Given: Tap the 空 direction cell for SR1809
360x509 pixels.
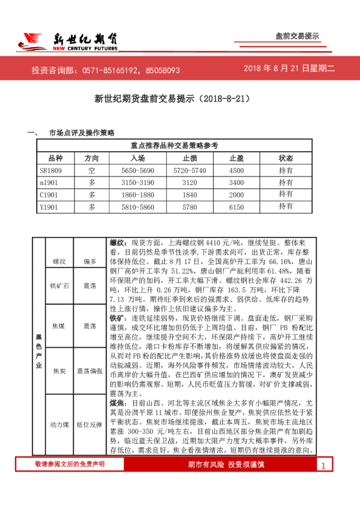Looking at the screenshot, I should (92, 170).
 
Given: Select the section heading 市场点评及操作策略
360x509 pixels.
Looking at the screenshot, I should (82, 132).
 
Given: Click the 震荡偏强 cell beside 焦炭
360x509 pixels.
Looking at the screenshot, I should (90, 370).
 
